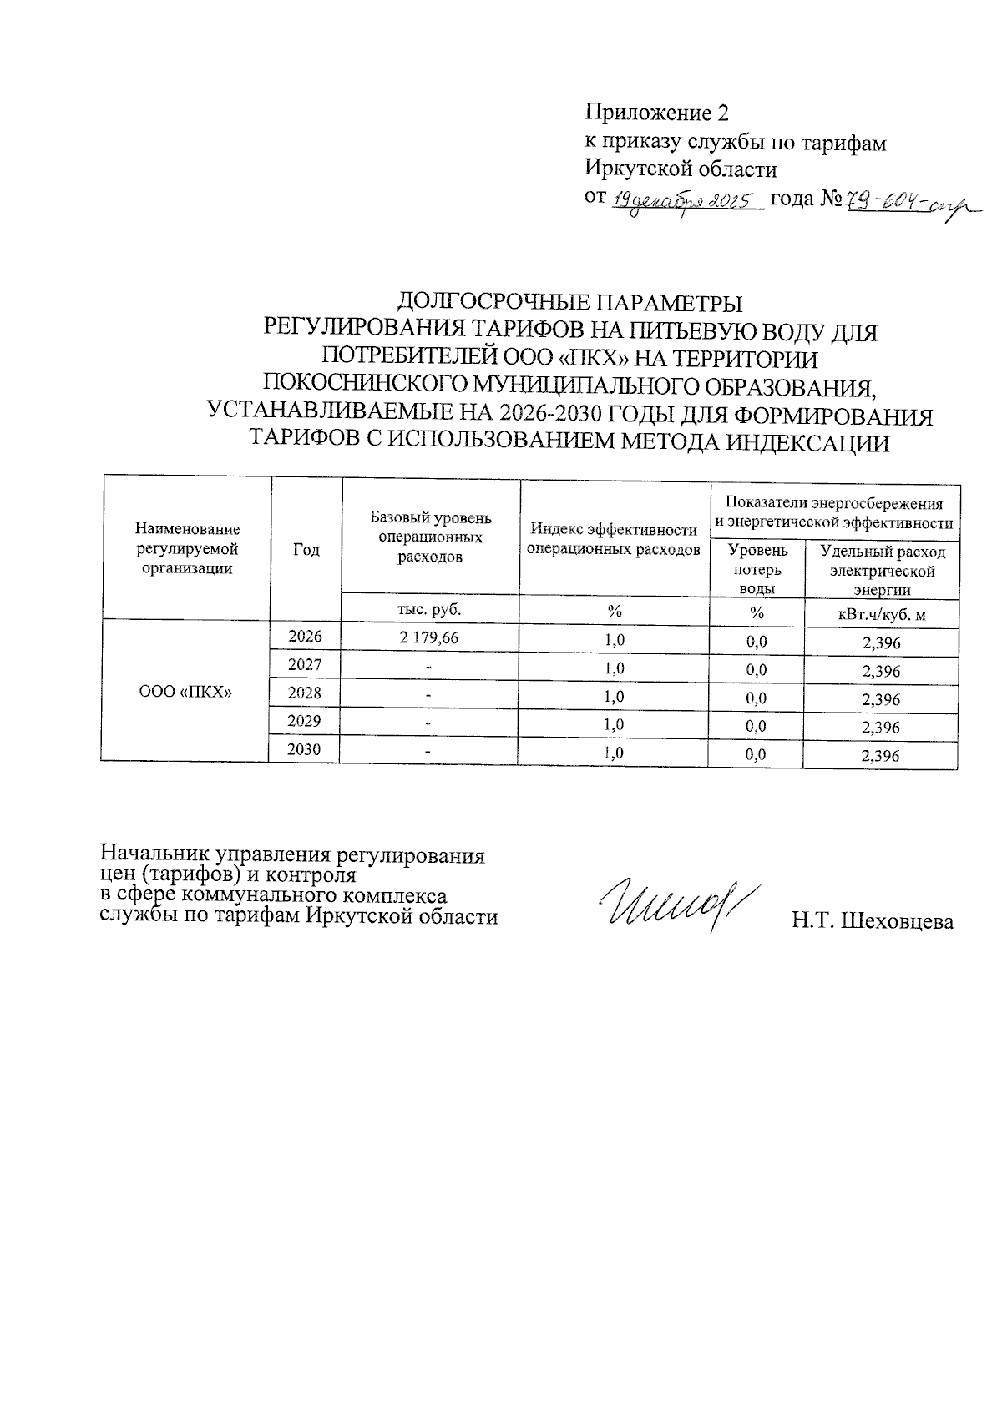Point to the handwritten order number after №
pos(910,203)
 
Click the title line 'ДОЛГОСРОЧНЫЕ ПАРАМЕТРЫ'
pos(569,301)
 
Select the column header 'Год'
pos(306,549)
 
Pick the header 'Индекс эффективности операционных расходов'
pos(614,539)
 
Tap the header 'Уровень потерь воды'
pos(757,569)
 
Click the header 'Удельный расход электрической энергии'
pos(883,571)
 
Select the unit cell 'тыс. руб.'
pos(430,609)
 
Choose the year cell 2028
pos(305,693)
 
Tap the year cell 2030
pos(305,749)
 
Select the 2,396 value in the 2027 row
pos(881,671)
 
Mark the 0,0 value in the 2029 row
pos(757,726)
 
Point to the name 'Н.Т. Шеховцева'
pos(873,922)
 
